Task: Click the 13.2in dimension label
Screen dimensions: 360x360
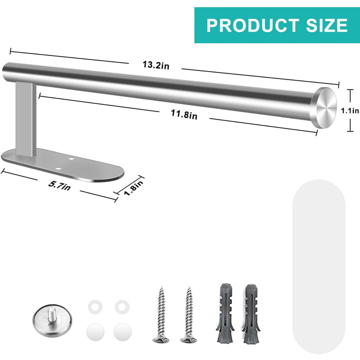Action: (x=156, y=65)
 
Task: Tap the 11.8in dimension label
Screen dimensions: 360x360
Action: (x=184, y=114)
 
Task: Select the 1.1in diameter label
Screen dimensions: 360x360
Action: (x=350, y=111)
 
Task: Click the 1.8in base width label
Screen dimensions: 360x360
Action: (x=133, y=187)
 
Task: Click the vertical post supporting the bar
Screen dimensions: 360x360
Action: (x=25, y=119)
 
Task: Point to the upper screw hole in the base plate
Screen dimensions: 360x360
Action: (x=72, y=158)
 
